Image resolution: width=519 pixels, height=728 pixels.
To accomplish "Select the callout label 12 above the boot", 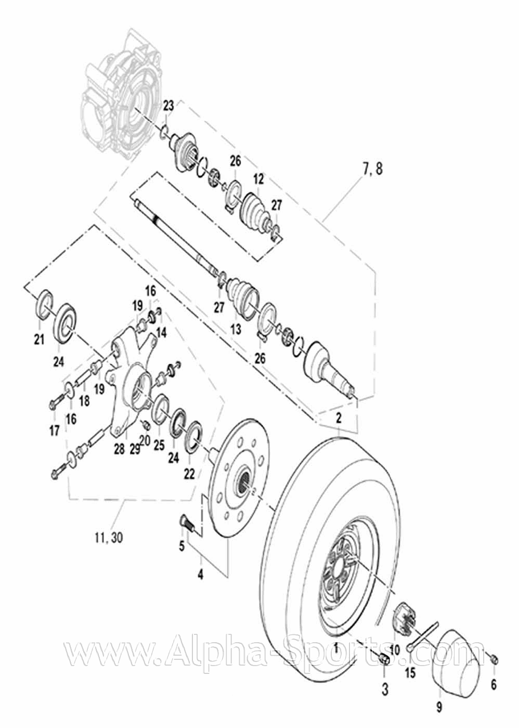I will tap(258, 179).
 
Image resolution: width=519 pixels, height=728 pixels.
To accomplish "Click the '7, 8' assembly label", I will tap(372, 169).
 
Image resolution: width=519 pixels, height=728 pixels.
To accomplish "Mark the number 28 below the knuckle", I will tap(119, 449).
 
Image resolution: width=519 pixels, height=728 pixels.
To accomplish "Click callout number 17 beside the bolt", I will tap(55, 430).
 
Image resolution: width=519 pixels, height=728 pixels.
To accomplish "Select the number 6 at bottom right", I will tap(494, 685).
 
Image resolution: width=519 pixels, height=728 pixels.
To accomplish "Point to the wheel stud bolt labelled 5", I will tap(188, 522).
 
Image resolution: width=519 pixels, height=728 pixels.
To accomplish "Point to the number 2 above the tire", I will tap(339, 417).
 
